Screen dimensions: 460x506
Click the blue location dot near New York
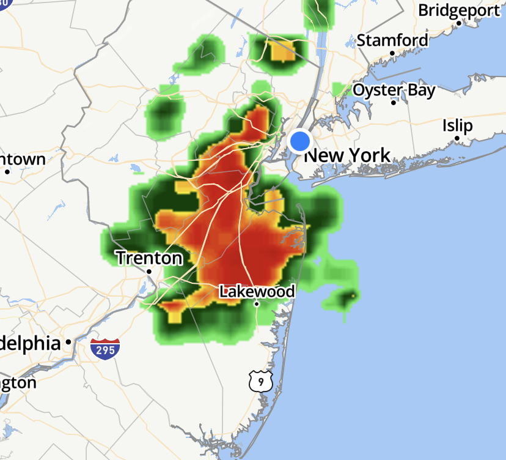300,141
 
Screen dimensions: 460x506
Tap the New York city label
347,155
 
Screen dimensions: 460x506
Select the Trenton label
149,258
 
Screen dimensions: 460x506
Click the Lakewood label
257,291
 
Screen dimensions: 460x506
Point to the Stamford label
392,40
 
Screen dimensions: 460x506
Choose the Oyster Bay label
394,91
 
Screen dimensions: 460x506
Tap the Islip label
458,126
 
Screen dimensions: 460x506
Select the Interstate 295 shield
105,349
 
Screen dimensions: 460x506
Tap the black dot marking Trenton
149,271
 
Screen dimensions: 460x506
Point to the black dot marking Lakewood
257,304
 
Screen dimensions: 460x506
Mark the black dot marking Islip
457,138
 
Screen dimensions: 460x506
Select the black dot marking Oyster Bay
394,103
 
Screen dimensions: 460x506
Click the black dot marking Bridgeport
458,23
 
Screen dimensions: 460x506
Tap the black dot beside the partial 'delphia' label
69,342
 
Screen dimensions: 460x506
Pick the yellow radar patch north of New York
282,51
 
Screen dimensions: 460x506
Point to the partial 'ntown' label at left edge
23,160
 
